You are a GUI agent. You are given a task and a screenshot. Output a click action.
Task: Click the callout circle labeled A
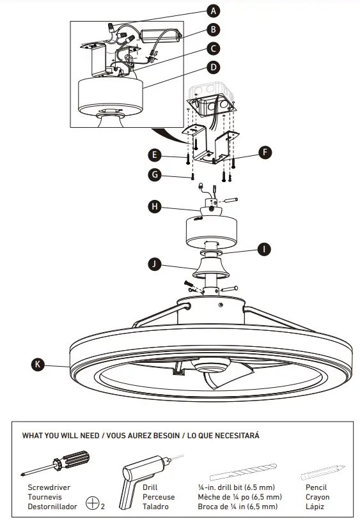214,10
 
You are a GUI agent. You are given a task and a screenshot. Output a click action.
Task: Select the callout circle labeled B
214,29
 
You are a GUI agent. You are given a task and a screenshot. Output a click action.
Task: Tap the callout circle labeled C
214,48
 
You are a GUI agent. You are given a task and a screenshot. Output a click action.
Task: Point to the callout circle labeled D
214,66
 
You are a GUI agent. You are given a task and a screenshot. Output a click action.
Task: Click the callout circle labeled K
38,365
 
